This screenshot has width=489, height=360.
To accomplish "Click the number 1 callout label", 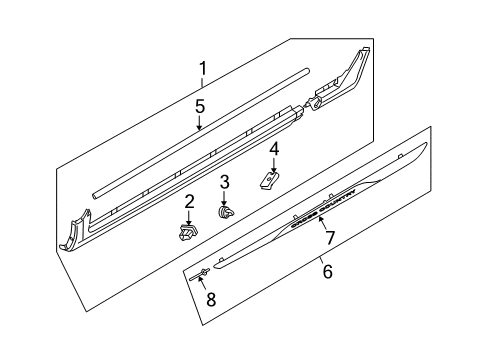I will click(x=203, y=69).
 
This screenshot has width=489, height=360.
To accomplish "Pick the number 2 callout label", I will click(x=187, y=203).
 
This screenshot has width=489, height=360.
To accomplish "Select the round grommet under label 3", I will click(x=226, y=211).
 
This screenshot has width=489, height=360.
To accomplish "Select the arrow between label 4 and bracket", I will click(x=274, y=165).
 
